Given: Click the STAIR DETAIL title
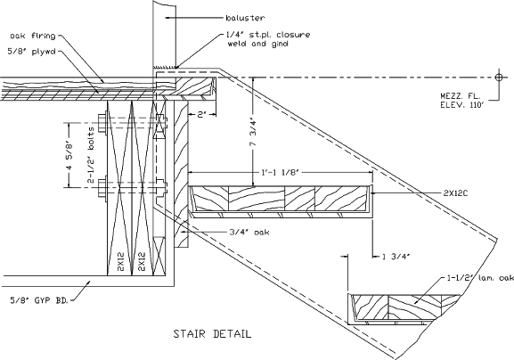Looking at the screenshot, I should click(x=211, y=335).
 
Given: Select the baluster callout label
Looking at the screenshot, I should click(x=245, y=17).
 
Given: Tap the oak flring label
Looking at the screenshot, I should click(x=32, y=36).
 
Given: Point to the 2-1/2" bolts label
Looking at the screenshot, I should click(x=90, y=152).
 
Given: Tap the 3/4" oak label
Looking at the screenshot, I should click(x=225, y=233).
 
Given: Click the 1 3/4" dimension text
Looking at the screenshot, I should click(x=395, y=258).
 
